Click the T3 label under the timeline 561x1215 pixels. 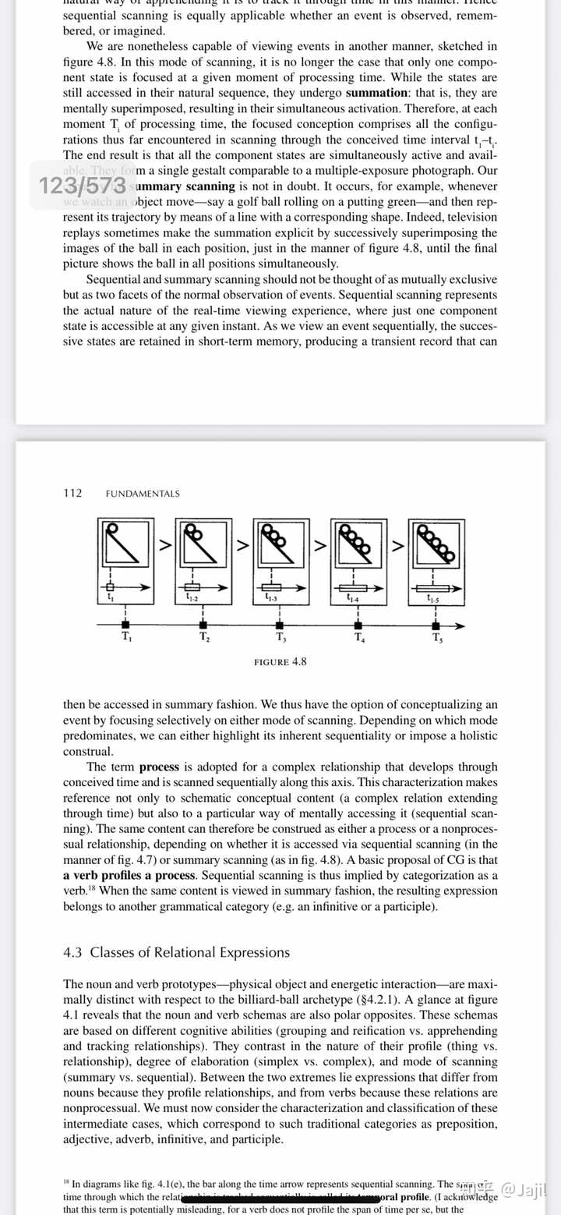pyautogui.click(x=280, y=637)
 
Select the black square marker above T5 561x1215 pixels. pyautogui.click(x=436, y=625)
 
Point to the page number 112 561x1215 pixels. pyautogui.click(x=72, y=493)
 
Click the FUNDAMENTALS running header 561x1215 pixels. pyautogui.click(x=142, y=494)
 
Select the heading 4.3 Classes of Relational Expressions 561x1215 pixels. pyautogui.click(x=176, y=952)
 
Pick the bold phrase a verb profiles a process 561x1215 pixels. pyautogui.click(x=129, y=874)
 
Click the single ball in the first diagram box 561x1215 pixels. pyautogui.click(x=111, y=530)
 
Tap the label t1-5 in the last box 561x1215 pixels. pyautogui.click(x=433, y=600)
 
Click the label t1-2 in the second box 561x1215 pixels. pyautogui.click(x=192, y=597)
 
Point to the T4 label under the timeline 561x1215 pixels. pyautogui.click(x=358, y=637)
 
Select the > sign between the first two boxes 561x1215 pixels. pyautogui.click(x=165, y=546)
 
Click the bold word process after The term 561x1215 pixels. pyautogui.click(x=159, y=767)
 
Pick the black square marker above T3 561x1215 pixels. pyautogui.click(x=280, y=625)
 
